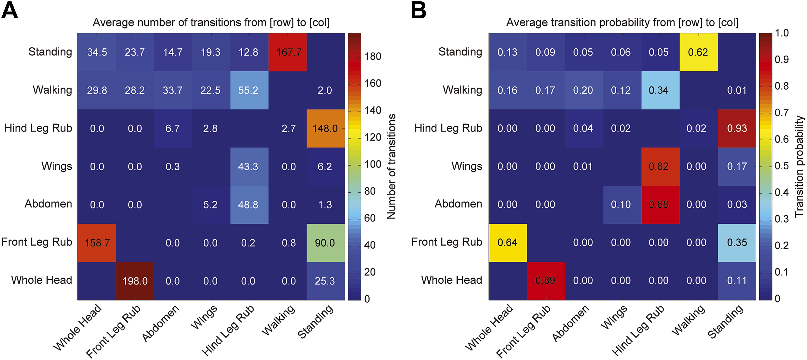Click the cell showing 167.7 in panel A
[288, 52]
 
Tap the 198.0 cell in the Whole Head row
[135, 281]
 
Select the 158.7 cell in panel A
[97, 243]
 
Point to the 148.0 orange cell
[325, 128]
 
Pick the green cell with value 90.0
[325, 243]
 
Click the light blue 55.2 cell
[249, 90]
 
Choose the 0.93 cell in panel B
[736, 128]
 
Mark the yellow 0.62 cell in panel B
[698, 52]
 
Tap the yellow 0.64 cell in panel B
[508, 243]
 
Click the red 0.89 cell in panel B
[546, 281]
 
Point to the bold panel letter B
[419, 11]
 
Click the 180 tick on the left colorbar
[373, 56]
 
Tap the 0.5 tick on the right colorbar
[782, 166]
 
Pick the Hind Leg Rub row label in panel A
[38, 128]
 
